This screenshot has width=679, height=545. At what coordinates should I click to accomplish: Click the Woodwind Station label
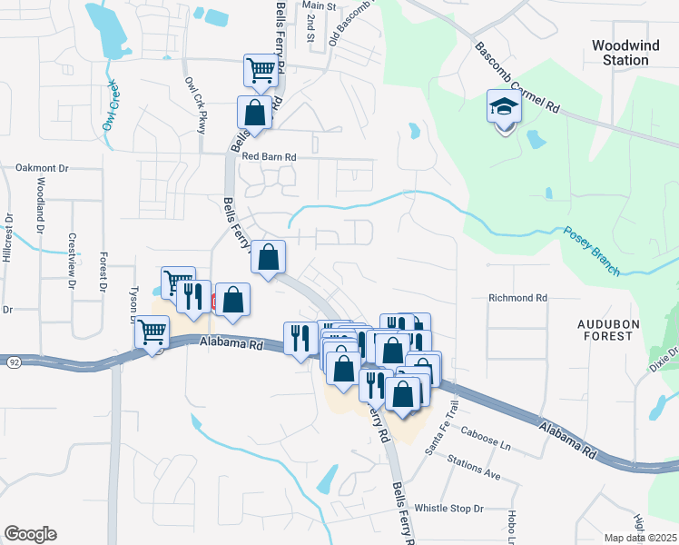point(620,52)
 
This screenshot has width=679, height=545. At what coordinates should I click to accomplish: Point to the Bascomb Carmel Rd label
point(516,77)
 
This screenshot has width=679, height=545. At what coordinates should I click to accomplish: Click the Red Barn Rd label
point(270,156)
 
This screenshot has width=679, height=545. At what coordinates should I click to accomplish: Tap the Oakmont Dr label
point(43,168)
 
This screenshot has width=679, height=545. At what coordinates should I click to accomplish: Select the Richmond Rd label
point(518,297)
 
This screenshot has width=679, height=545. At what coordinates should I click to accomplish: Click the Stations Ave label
point(474,469)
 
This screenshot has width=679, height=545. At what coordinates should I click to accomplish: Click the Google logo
point(30,534)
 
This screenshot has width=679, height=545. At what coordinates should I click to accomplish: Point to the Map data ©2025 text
point(641,538)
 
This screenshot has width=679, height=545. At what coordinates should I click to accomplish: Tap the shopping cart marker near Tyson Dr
point(152,332)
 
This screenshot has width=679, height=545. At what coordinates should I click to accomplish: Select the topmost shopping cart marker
point(261,70)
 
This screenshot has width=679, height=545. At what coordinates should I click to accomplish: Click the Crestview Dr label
point(72,260)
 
